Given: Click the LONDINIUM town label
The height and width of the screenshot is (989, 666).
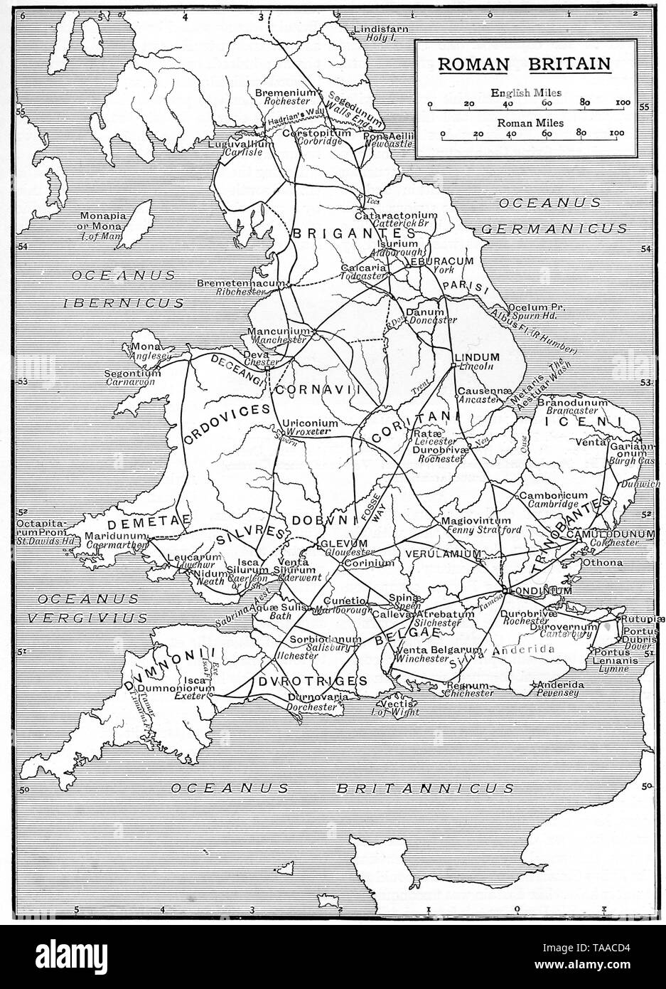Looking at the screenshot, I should [x=539, y=591].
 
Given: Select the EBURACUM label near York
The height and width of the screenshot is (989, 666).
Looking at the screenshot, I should [x=440, y=261].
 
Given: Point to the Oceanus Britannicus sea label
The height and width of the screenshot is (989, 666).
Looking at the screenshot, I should [x=342, y=788].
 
